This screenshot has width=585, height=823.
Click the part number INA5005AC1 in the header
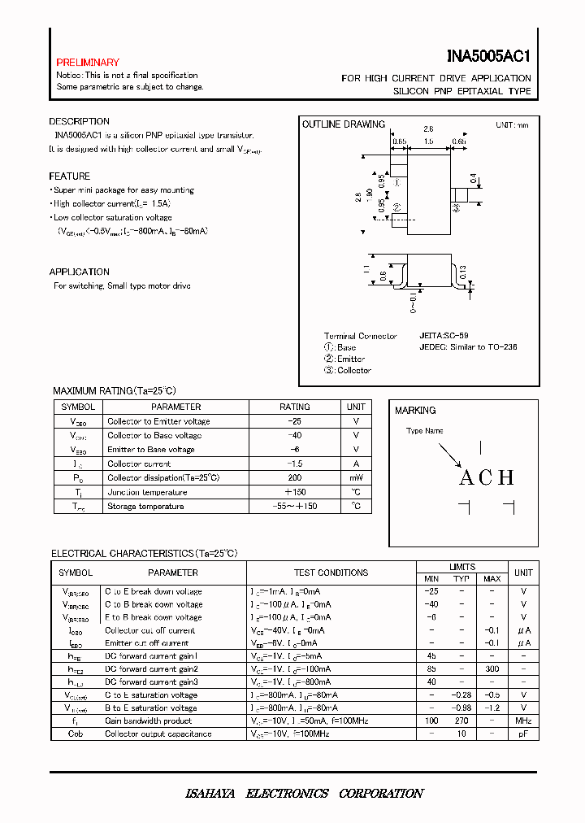click(x=488, y=57)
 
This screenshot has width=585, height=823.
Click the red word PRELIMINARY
click(x=88, y=63)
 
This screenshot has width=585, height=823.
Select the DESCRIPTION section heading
click(x=79, y=122)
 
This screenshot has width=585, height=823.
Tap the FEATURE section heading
click(x=69, y=176)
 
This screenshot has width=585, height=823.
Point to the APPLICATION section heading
click(x=79, y=272)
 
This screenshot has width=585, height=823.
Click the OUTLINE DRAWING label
click(x=343, y=124)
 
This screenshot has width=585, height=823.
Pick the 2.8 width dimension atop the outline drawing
click(x=428, y=129)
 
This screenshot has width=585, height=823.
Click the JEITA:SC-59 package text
click(x=444, y=335)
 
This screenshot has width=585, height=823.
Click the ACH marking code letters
click(x=487, y=477)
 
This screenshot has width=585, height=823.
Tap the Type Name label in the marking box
click(x=425, y=431)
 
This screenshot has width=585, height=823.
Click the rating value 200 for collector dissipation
click(x=294, y=478)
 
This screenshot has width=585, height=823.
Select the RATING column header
click(x=294, y=407)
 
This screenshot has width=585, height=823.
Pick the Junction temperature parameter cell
click(x=147, y=492)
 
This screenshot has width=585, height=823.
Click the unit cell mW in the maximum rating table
click(x=356, y=478)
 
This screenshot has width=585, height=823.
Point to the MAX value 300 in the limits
click(x=492, y=669)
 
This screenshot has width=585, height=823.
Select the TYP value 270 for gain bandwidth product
click(x=461, y=721)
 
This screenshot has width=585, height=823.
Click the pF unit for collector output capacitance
click(x=523, y=734)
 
